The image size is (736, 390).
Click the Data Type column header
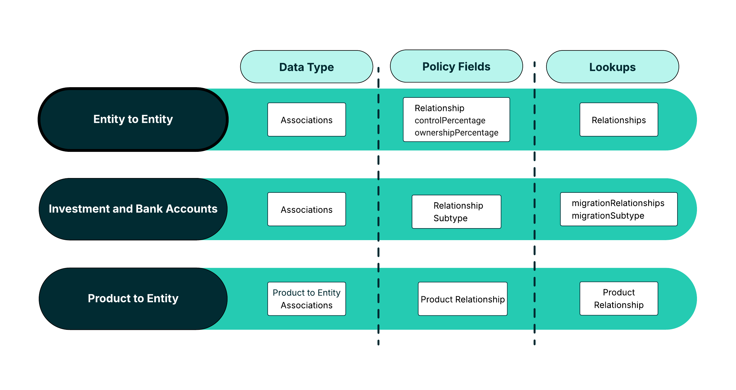tap(306, 67)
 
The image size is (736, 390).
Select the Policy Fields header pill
tap(456, 67)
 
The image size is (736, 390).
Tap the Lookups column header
tap(612, 67)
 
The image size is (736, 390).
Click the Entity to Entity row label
tap(133, 119)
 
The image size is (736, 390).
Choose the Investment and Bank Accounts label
tap(133, 209)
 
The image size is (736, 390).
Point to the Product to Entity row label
tap(133, 299)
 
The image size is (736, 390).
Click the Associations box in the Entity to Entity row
tap(306, 120)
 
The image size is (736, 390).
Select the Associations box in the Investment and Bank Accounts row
tap(306, 209)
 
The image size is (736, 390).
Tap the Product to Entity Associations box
tap(306, 299)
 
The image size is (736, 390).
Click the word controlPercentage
tap(450, 121)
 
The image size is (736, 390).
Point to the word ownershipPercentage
tap(456, 133)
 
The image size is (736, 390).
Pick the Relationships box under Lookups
tap(619, 120)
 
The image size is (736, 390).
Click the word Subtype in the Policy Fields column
tap(450, 218)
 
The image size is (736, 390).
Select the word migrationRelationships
tap(618, 203)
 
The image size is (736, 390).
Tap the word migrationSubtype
tap(608, 216)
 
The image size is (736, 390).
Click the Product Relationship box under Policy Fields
tap(463, 299)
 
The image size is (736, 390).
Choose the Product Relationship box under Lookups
tap(619, 299)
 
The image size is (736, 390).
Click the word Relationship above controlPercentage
tap(439, 108)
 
